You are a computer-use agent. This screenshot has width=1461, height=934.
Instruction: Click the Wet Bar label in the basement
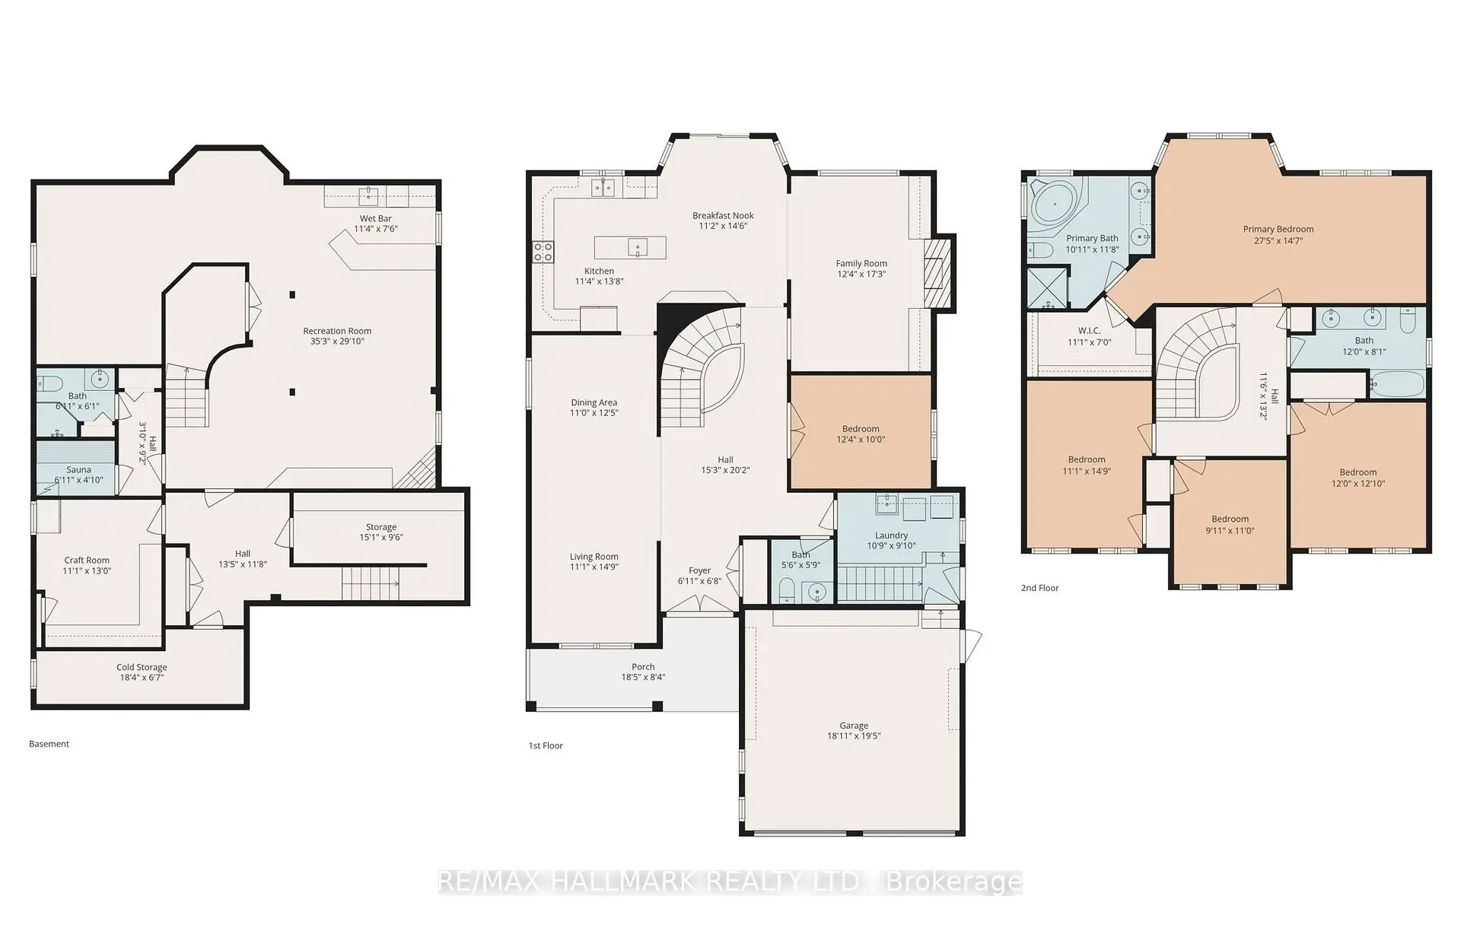(x=375, y=218)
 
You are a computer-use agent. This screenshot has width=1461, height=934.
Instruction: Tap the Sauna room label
(x=78, y=470)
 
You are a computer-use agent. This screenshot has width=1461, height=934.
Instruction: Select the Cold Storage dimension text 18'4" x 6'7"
(x=142, y=678)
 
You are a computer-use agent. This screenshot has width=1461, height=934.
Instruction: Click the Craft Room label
(x=87, y=560)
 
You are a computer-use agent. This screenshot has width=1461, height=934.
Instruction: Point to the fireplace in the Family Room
(x=937, y=273)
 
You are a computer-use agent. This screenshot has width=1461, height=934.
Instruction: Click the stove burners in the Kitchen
(x=543, y=252)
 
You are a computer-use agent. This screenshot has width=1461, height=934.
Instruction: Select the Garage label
(x=854, y=726)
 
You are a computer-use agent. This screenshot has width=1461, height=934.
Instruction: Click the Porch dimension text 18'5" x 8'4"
(x=643, y=677)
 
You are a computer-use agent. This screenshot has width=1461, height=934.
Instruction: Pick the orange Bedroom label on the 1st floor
(x=861, y=429)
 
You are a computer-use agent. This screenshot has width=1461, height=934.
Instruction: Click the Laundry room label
(x=891, y=535)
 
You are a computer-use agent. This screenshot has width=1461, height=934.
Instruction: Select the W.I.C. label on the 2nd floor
(x=1089, y=331)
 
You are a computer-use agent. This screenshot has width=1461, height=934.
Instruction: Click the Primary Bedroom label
(x=1278, y=229)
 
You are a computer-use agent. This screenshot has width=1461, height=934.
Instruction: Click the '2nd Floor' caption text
(x=1039, y=588)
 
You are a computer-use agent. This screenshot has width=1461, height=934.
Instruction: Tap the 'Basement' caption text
(x=49, y=744)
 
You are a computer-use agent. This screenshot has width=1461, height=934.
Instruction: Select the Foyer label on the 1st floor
(x=699, y=570)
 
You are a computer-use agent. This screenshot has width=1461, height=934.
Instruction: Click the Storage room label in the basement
(x=380, y=527)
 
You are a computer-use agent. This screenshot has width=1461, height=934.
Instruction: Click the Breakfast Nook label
(x=723, y=215)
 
